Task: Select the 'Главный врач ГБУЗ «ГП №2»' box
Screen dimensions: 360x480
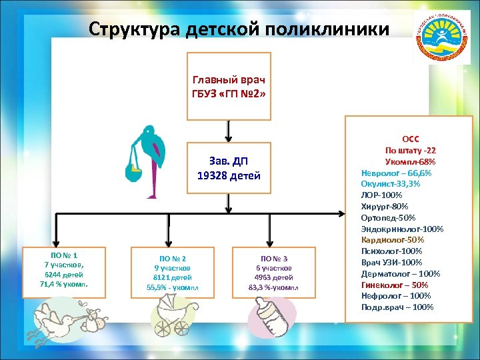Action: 229,86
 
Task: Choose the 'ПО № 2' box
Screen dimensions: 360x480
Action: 172,273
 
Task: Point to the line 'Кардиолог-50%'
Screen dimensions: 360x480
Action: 393,240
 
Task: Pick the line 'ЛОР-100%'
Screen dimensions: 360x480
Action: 381,195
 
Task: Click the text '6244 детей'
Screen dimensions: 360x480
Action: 64,275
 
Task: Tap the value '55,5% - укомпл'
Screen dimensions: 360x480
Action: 172,288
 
